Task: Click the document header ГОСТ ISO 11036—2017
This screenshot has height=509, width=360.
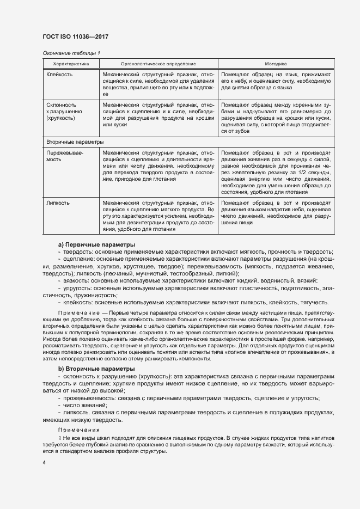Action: pos(75,35)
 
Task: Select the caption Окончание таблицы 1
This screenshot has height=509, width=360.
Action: pos(71,53)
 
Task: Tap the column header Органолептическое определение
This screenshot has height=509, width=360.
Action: pos(158,64)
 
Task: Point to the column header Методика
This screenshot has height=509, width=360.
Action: pos(276,64)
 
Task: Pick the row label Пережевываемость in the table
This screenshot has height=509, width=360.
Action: pos(65,157)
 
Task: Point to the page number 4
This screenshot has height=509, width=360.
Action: pos(44,462)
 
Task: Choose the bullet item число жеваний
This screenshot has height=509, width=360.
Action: pos(86,405)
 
